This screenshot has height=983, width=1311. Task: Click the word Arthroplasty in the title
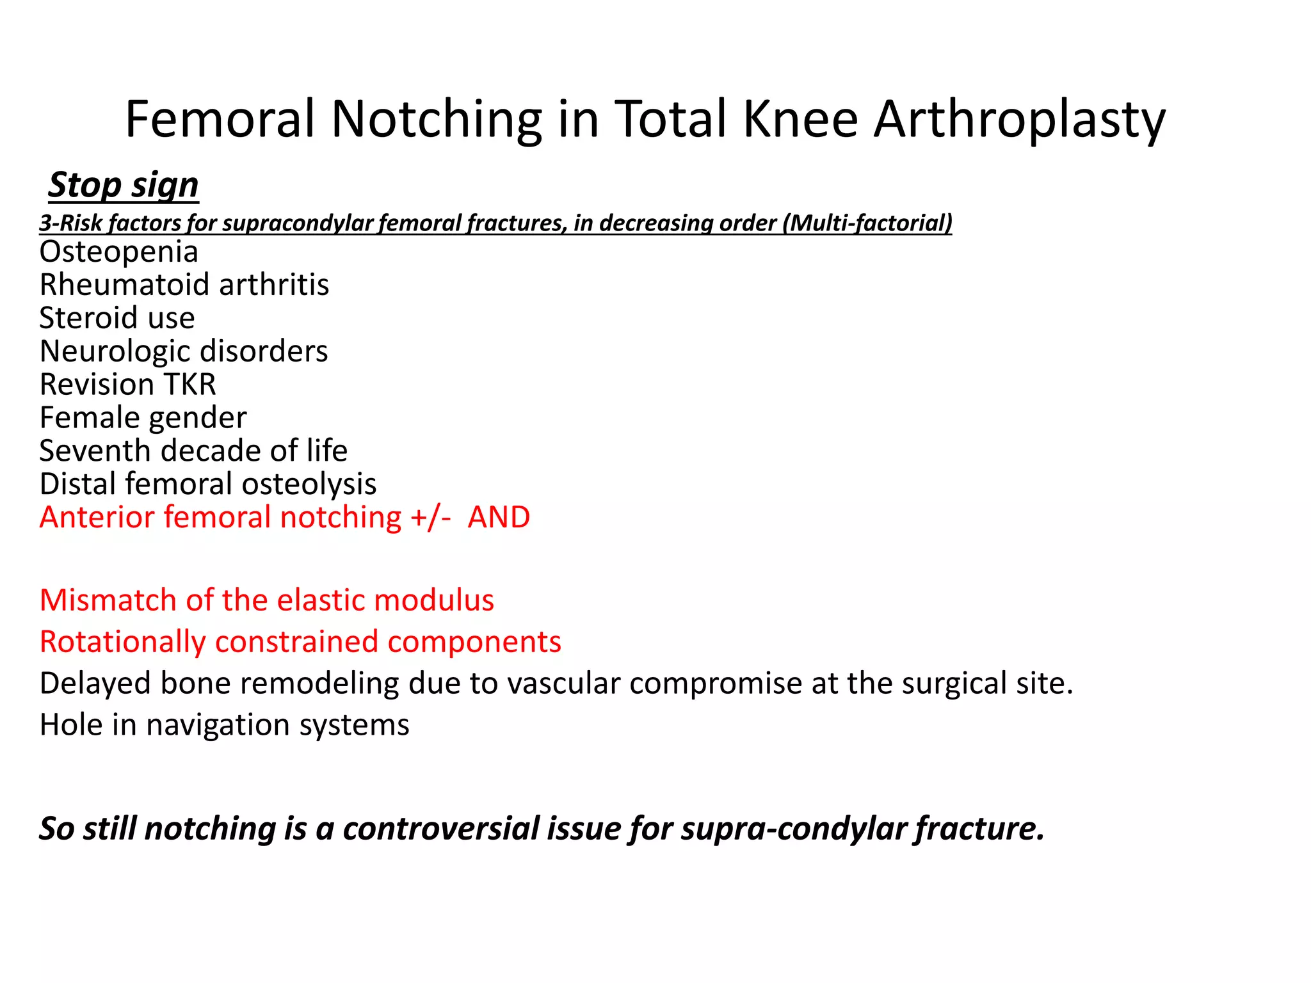click(1019, 120)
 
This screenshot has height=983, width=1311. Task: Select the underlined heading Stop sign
click(124, 186)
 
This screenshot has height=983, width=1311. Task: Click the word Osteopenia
click(119, 252)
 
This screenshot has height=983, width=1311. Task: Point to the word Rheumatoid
click(125, 285)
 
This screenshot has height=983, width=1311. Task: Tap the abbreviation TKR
click(190, 385)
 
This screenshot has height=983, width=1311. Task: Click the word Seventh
click(95, 451)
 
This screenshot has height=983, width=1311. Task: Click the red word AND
click(499, 518)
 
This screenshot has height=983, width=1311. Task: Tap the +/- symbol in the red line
click(431, 518)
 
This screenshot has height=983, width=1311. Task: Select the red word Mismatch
click(108, 600)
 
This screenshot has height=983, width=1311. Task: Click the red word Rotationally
click(122, 643)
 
